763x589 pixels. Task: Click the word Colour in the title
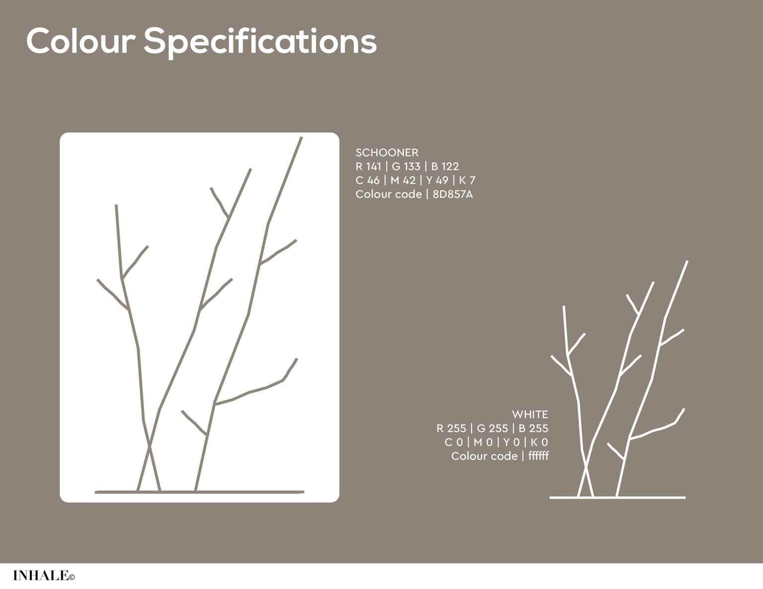[x=81, y=41]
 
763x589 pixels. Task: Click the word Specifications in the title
[x=260, y=43]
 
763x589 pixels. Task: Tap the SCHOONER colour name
[x=387, y=153]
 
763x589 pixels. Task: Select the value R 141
[x=369, y=167]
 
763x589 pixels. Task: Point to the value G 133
[x=406, y=167]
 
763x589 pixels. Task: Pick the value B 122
[x=445, y=167]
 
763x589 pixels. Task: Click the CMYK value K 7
[x=467, y=180]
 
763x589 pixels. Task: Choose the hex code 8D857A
[x=453, y=194]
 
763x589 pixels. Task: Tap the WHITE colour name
[x=530, y=415]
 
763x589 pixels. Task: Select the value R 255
[x=451, y=428]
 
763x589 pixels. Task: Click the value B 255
[x=533, y=428]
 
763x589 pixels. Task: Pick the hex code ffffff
[x=538, y=456]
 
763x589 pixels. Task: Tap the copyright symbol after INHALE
[x=72, y=577]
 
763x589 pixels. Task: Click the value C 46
[x=367, y=180]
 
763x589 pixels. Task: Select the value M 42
[x=403, y=180]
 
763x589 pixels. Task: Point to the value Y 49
[x=437, y=180]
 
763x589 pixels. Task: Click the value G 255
[x=492, y=428]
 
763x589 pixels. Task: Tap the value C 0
[x=454, y=442]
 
